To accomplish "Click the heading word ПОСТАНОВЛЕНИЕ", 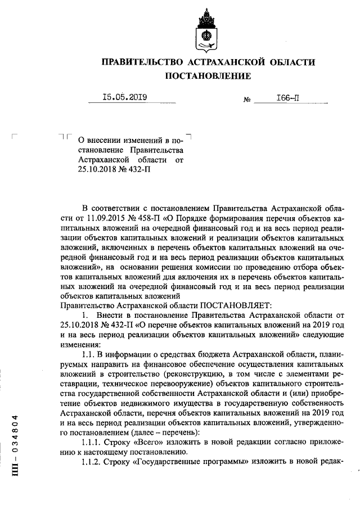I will [x=208, y=75].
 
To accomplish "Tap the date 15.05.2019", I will [x=125, y=97].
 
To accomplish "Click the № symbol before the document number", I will [x=246, y=100].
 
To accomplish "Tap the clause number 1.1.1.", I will [x=93, y=442].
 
